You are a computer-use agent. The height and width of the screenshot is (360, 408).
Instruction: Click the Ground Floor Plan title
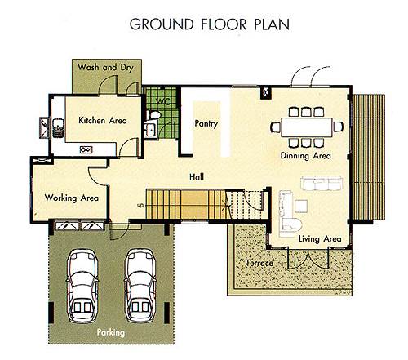pyautogui.click(x=210, y=24)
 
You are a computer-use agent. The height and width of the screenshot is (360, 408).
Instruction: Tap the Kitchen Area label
pyautogui.click(x=103, y=120)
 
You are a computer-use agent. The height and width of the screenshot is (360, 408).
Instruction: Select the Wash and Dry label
pyautogui.click(x=105, y=67)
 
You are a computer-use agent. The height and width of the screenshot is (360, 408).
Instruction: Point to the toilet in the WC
pyautogui.click(x=153, y=115)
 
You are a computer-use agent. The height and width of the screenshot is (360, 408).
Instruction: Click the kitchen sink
pyautogui.click(x=58, y=127)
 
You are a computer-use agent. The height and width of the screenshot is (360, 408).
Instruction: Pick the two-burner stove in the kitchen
pyautogui.click(x=86, y=149)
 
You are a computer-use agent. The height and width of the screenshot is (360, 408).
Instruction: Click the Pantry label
pyautogui.click(x=206, y=124)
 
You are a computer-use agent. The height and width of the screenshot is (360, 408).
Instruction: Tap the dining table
pyautogui.click(x=307, y=127)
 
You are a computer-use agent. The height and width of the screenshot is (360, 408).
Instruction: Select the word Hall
pyautogui.click(x=197, y=177)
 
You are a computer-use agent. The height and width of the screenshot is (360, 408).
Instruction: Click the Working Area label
pyautogui.click(x=72, y=198)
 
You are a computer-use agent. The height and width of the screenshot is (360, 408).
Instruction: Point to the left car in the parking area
pyautogui.click(x=82, y=286)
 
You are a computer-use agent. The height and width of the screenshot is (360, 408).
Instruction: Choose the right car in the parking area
pyautogui.click(x=140, y=286)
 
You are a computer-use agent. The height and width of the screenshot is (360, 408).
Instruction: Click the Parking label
pyautogui.click(x=111, y=332)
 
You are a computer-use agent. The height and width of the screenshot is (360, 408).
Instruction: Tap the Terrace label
pyautogui.click(x=259, y=263)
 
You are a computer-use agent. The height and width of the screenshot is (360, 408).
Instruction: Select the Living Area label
pyautogui.click(x=320, y=239)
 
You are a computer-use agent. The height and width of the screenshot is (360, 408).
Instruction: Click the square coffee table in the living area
pyautogui.click(x=301, y=206)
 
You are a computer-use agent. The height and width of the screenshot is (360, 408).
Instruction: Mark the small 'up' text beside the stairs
pyautogui.click(x=140, y=205)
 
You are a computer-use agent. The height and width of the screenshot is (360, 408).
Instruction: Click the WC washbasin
pyautogui.click(x=150, y=130)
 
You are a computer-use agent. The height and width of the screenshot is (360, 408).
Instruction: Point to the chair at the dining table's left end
pyautogui.click(x=275, y=127)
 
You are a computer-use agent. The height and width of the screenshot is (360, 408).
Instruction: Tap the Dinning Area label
pyautogui.click(x=306, y=156)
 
